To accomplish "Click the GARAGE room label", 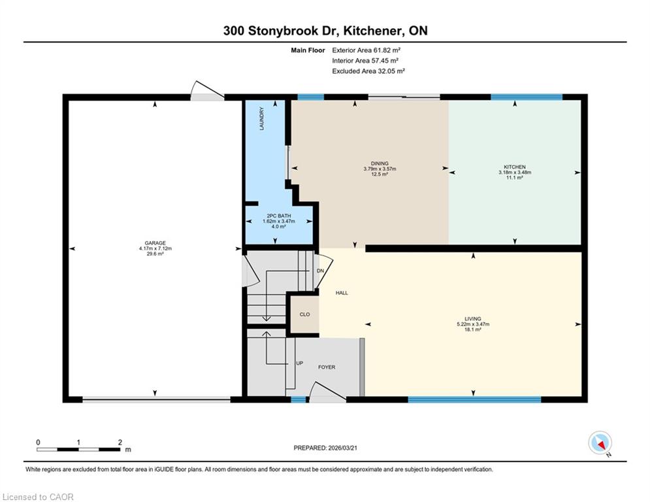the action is coord(155,243).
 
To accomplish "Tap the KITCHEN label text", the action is coord(515,167).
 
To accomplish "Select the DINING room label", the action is coord(380,163).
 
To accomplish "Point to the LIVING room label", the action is coord(473,318).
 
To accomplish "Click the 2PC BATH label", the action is coord(278,216).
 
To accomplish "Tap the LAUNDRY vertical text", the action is coord(261,119).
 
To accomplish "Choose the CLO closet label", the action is coord(304,314).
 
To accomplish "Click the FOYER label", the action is coord(327,367).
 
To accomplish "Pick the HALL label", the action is coord(342,293).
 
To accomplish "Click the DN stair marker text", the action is coord(321,271).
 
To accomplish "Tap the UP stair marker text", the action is coord(300,363).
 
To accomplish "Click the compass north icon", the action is coord(600,443).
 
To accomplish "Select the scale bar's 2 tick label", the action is coord(120,443).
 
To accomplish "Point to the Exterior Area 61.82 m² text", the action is coord(366,50).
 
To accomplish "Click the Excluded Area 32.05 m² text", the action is coord(368,71).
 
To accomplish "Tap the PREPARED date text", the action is coord(325,448).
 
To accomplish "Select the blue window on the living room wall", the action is coord(475,399).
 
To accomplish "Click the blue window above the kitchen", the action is coord(527,97).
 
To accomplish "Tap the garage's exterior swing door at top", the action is coord(207,92).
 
